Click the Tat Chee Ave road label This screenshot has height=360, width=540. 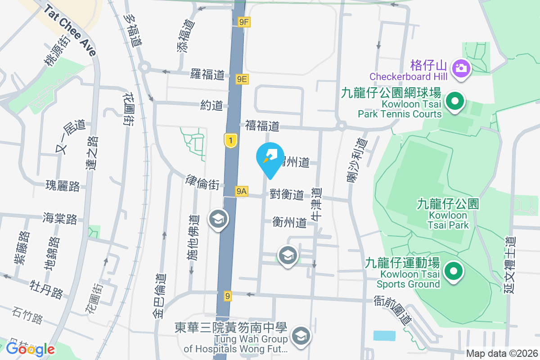[70, 30]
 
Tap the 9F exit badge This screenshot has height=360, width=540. [244, 21]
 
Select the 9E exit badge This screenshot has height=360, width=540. [242, 79]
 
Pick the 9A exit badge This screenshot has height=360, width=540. [241, 191]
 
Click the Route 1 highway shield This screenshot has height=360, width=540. [230, 141]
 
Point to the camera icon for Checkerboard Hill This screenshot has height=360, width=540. [462, 68]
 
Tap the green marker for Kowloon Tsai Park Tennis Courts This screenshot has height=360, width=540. [455, 101]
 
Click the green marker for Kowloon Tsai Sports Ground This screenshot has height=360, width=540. [454, 271]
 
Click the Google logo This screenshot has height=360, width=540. [30, 349]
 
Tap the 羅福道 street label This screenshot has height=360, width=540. [207, 74]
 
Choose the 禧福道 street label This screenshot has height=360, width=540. [262, 126]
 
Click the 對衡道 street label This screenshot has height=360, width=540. [287, 194]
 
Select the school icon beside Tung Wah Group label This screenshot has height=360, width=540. [300, 336]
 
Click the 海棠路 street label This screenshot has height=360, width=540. [60, 219]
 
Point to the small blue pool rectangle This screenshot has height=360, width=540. [384, 335]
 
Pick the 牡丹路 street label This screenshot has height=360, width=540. [46, 289]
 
